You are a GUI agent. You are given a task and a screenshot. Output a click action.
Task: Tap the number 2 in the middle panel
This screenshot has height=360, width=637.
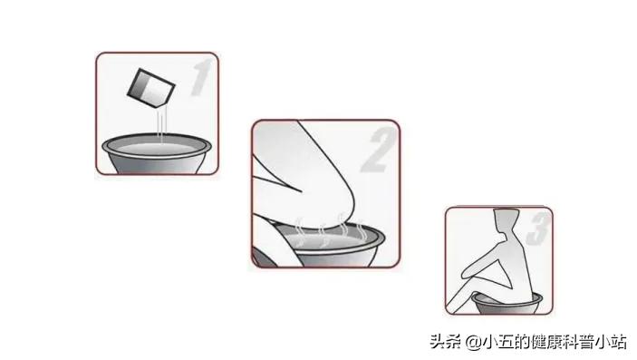pos(374,151)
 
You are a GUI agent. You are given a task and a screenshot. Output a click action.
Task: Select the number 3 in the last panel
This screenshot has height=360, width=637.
pos(536,230)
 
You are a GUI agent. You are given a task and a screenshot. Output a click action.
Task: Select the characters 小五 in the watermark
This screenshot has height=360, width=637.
pos(495,342)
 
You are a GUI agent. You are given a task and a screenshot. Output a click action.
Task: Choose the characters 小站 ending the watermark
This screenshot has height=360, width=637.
pos(610,342)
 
